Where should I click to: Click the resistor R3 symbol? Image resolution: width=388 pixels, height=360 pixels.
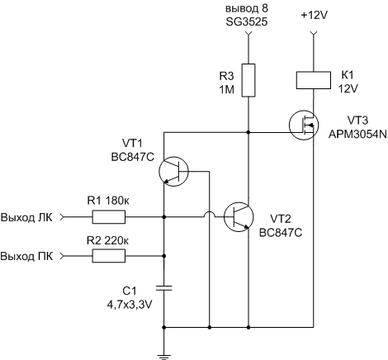pos(248,80)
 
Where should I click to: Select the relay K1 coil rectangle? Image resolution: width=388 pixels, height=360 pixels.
pos(314,80)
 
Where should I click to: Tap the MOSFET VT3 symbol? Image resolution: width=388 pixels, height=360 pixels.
pos(304,126)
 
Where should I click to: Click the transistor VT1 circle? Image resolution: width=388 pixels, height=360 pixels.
pos(173,172)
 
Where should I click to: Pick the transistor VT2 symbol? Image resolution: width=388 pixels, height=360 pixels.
pos(239,216)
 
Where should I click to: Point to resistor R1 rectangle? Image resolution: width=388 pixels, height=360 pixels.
pos(109,217)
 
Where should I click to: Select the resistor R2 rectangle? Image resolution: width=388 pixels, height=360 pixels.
pos(109,256)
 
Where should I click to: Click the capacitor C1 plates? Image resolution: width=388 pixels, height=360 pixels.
pos(164,288)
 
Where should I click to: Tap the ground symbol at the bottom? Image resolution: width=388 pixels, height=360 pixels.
pos(164,358)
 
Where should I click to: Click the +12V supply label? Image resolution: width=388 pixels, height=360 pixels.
pos(314,16)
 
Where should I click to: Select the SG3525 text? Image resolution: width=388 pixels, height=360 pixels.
pos(247,22)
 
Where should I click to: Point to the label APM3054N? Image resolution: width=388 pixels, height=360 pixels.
pos(357,135)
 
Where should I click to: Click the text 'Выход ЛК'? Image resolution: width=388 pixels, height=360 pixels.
pos(26,217)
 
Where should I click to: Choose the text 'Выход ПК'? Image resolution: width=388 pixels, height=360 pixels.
pos(26,256)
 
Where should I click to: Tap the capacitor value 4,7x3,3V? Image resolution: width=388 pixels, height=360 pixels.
pos(130,305)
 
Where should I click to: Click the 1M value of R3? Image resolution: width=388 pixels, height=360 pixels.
pos(227,89)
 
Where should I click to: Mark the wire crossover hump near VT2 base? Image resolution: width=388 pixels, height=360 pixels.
pos(210,215)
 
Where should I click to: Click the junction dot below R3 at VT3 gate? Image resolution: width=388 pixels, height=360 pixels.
pos(248,132)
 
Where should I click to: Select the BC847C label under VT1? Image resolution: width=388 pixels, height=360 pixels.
pos(132,157)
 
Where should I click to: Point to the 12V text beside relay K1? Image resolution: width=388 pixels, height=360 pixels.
pos(348,89)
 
